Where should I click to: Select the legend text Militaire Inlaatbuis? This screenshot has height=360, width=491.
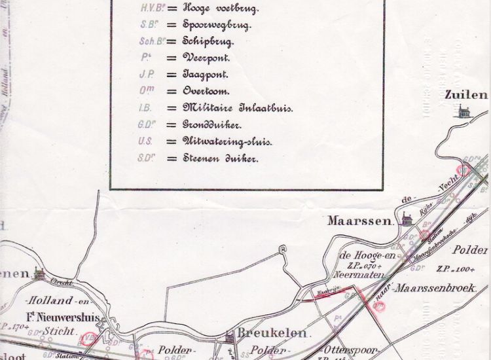[x=228, y=108]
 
